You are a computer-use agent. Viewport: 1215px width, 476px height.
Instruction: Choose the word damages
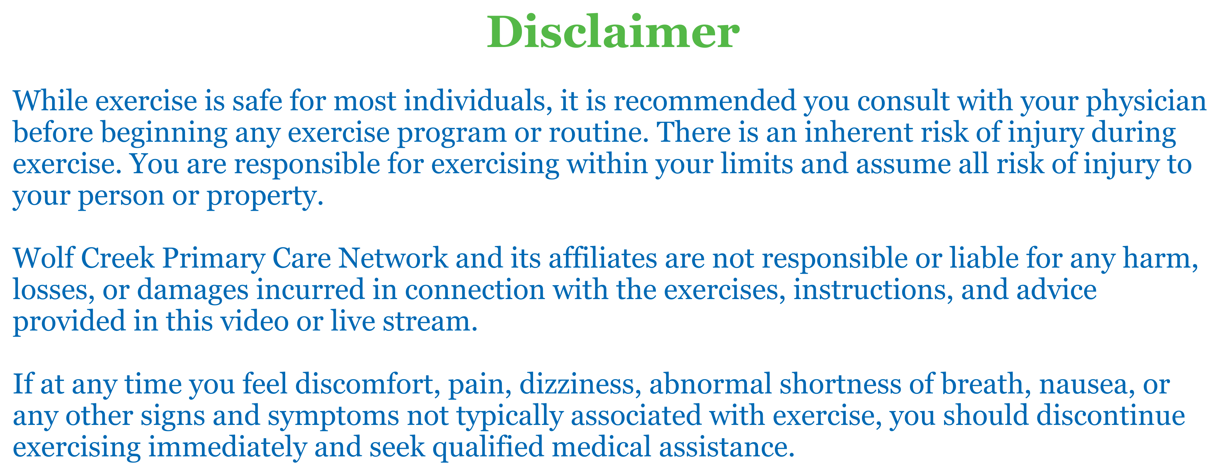(192, 291)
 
